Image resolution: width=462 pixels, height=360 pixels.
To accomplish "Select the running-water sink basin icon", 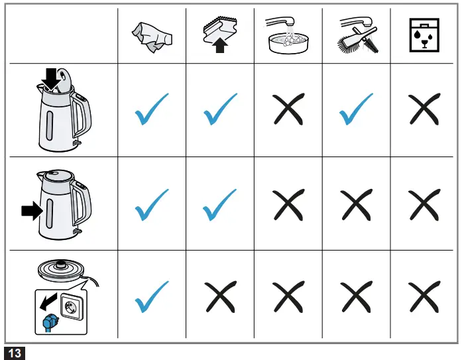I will (x=288, y=36).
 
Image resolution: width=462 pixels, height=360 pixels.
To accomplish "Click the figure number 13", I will (x=15, y=353).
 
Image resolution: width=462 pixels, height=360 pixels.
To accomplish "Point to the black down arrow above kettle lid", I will (x=50, y=78).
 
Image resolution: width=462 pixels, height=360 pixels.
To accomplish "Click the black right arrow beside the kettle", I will (x=30, y=211).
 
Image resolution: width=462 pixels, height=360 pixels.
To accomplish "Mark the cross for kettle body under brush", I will (x=356, y=204).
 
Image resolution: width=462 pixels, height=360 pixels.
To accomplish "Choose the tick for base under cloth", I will (x=152, y=298).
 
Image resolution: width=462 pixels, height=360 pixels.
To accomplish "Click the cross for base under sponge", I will (x=220, y=298).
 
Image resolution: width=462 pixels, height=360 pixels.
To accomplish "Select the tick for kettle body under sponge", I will (x=220, y=204).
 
